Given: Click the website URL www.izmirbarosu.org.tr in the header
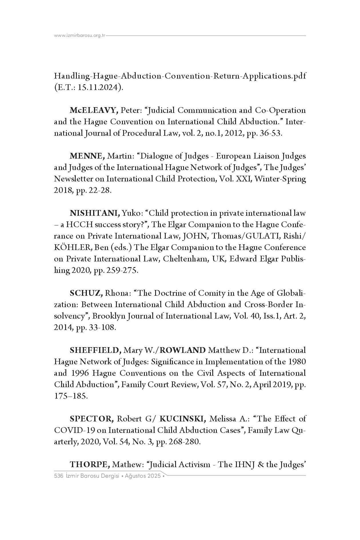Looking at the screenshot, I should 80,36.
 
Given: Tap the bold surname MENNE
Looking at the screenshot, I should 87,156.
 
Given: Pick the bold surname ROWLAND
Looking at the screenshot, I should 185,350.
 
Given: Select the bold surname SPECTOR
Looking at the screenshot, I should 92,419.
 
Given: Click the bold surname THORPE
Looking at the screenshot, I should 90,465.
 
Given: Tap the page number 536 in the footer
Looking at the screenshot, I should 59,476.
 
